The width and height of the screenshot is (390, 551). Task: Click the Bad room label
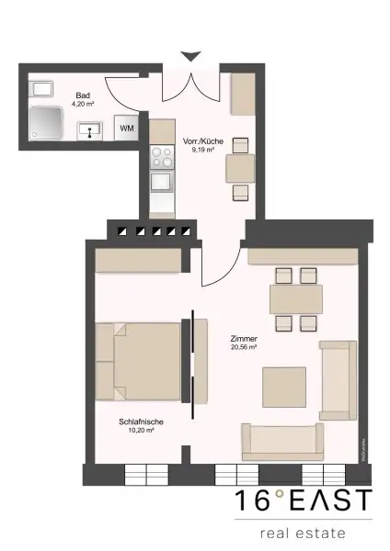[x=82, y=95]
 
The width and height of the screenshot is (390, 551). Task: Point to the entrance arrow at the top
[x=189, y=57]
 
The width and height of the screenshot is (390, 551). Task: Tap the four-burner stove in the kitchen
[x=162, y=158]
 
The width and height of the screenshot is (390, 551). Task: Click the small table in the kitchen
[x=240, y=168]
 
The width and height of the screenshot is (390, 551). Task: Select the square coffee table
[x=283, y=386]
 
